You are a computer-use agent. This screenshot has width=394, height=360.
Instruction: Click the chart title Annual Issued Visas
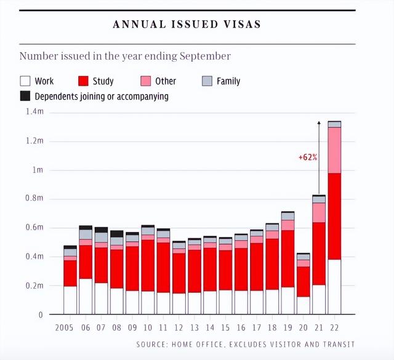187,25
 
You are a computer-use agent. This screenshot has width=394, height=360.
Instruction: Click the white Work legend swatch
25,81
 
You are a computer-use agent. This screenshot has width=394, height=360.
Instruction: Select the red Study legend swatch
84,81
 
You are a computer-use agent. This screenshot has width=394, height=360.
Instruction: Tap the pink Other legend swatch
146,81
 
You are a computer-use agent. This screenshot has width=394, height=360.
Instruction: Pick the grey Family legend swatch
207,81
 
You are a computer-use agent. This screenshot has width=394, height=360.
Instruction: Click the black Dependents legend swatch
25,96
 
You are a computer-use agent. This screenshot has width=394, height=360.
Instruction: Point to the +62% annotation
308,157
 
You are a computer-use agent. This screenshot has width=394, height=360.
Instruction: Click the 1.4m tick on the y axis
34,111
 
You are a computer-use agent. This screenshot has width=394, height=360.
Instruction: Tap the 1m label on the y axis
38,170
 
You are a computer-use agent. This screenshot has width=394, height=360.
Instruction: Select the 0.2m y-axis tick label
34,286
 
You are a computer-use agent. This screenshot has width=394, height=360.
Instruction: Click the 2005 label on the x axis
65,328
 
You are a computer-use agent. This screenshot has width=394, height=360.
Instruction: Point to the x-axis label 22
335,328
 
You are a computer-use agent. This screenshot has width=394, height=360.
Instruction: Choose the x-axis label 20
304,328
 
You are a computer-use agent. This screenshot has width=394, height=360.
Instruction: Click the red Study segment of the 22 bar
334,216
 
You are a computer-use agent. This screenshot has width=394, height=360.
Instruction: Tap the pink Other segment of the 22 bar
334,150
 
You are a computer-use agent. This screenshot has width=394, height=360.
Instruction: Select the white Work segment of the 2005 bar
70,300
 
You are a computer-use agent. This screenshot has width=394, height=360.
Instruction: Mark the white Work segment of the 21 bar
319,300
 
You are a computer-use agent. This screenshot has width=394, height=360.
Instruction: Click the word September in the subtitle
206,56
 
